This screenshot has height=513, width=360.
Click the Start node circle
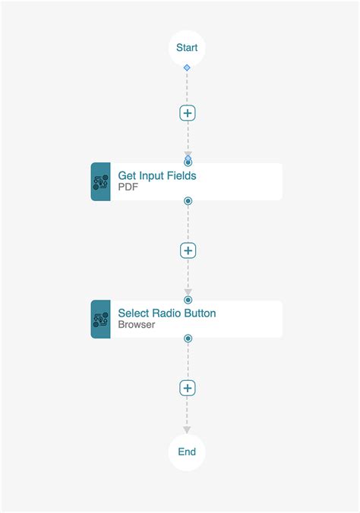pyautogui.click(x=187, y=48)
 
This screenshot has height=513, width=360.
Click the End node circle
pyautogui.click(x=187, y=452)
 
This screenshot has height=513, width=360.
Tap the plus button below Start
pyautogui.click(x=188, y=113)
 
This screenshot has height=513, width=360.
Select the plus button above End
pyautogui.click(x=188, y=388)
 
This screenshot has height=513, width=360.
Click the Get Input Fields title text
pyautogui.click(x=157, y=175)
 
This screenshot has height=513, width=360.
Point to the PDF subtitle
pyautogui.click(x=128, y=187)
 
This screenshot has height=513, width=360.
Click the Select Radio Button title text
pyautogui.click(x=167, y=313)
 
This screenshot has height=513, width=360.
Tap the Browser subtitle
pyautogui.click(x=137, y=325)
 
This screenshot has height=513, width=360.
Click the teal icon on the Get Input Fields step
pyautogui.click(x=101, y=181)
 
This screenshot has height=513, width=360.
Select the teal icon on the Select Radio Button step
pyautogui.click(x=101, y=319)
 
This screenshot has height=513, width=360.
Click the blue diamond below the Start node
pyautogui.click(x=187, y=68)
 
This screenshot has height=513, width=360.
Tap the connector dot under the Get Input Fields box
pyautogui.click(x=188, y=201)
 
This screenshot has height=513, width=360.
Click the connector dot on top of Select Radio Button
pyautogui.click(x=188, y=300)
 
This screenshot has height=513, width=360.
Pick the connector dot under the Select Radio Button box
pyautogui.click(x=188, y=338)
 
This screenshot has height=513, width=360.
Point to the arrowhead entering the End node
pyautogui.click(x=187, y=430)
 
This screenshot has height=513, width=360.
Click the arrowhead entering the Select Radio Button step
pyautogui.click(x=188, y=292)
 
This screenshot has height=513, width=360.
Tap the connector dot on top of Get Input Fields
pyautogui.click(x=188, y=162)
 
